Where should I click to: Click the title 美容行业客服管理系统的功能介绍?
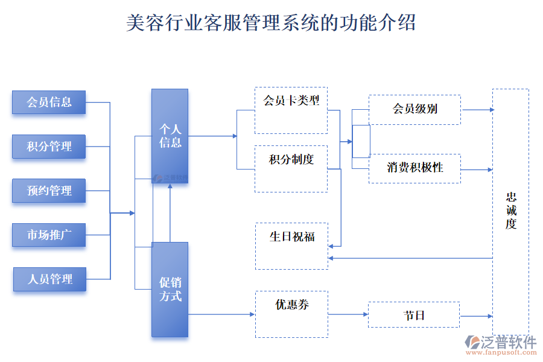tap(271, 23)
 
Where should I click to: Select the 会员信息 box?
tap(49, 102)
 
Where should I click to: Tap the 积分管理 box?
tap(49, 147)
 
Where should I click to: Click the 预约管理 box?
tap(49, 191)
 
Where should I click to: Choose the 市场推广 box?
tap(49, 235)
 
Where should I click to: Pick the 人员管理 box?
tap(49, 279)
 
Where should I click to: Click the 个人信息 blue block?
tap(170, 136)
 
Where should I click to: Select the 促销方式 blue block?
tap(170, 289)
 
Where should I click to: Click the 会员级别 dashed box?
tap(414, 109)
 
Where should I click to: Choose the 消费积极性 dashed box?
tap(414, 168)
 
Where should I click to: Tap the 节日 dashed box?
tap(414, 315)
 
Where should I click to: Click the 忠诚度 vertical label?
tap(510, 211)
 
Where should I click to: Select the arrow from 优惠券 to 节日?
tap(348, 314)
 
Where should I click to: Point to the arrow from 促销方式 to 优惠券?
tap(221, 314)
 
